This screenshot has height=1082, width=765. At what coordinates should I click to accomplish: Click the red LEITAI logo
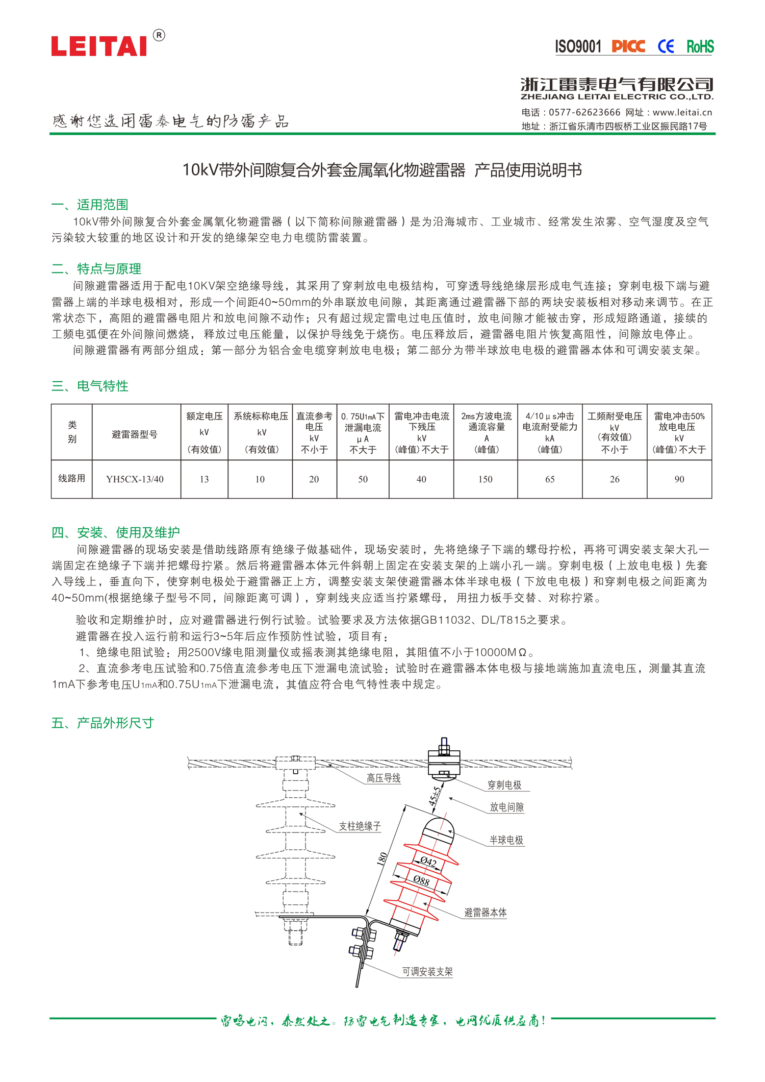pos(99,46)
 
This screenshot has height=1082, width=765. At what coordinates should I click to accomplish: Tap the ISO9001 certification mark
pos(578,47)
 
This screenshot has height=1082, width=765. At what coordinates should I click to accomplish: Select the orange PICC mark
pos(628,47)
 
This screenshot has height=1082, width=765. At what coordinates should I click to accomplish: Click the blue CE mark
pos(666,47)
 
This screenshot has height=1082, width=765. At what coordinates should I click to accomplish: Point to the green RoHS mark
pos(700,47)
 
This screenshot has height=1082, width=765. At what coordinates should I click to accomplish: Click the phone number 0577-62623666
pos(584,112)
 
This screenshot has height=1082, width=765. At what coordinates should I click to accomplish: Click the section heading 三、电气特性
pos(90,386)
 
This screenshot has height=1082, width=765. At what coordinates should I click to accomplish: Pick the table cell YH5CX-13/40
pos(135,479)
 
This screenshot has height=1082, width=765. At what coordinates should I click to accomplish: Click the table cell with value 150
pos(486,479)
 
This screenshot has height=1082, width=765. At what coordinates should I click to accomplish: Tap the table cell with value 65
pos(550,479)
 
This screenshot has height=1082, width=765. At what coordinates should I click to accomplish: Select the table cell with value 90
pos(679,479)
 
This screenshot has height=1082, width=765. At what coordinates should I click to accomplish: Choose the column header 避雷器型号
pos(135,434)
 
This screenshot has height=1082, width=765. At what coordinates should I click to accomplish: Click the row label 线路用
pos(71,479)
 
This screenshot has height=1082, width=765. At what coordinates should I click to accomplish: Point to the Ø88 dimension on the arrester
pos(421,880)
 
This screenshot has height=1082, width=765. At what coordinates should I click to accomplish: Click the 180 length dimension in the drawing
pos(382,859)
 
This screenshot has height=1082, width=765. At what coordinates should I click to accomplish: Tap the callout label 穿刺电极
pos(504,785)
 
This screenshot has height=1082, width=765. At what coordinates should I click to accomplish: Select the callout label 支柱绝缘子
pos(360,826)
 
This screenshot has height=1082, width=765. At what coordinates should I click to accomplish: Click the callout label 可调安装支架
pos(427,972)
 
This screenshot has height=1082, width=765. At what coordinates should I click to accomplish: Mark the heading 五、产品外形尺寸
pos(103,723)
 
